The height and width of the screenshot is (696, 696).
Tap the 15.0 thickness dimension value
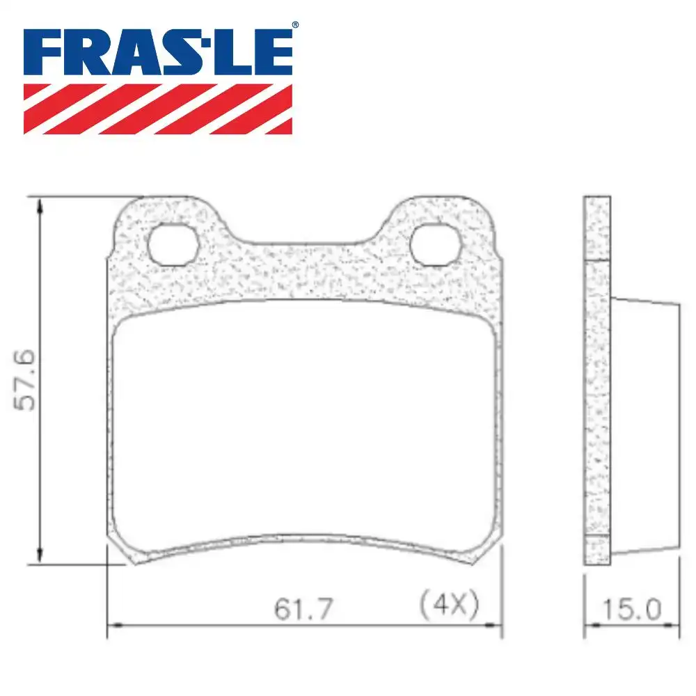pos(631,610)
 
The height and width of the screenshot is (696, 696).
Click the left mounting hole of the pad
pos(173,244)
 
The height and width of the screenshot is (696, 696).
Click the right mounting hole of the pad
pos(436,244)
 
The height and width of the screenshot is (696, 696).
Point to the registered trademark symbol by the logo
pos(294,25)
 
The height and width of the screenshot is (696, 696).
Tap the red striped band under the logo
pos(158,109)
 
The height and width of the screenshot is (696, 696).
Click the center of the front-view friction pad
pos(305,425)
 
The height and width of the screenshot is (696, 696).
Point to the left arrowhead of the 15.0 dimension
pos(588,625)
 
